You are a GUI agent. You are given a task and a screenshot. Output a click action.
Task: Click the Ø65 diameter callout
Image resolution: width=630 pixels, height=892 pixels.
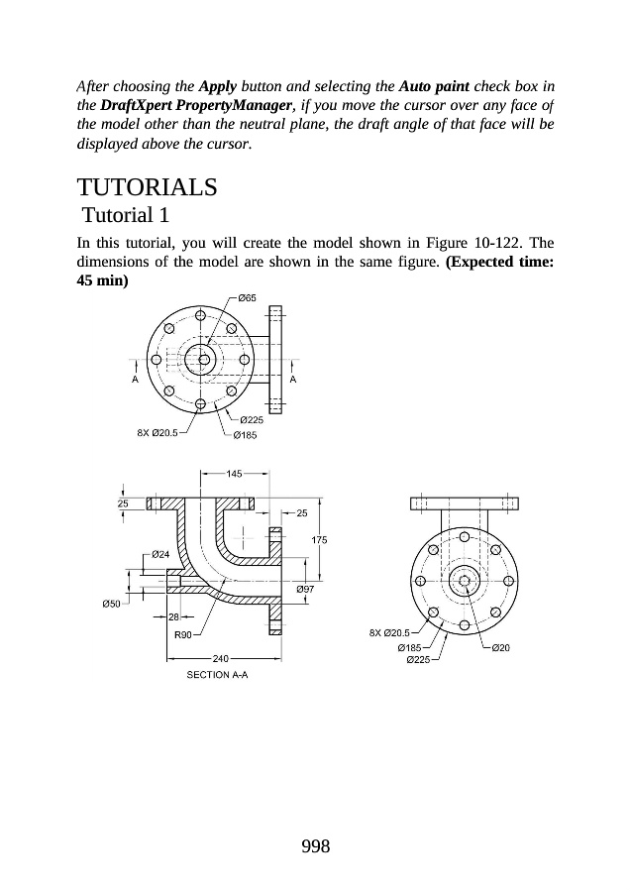coord(248,297)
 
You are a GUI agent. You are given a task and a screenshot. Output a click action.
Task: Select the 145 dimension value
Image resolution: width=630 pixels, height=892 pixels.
coord(235,474)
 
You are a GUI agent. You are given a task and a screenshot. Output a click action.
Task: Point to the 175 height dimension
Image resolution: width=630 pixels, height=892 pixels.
coord(320,539)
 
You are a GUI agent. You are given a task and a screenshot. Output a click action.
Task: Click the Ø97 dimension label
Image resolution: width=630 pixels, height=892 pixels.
coord(306,589)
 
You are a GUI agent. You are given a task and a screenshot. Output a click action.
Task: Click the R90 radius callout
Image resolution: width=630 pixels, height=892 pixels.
coord(183,634)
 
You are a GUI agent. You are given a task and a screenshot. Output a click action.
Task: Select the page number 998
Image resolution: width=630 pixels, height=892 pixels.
coord(314,845)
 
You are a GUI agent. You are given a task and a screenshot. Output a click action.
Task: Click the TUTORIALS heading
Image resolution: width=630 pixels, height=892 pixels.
coord(147,187)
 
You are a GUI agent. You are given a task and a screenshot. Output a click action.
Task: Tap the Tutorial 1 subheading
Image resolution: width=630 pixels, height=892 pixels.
coord(127,215)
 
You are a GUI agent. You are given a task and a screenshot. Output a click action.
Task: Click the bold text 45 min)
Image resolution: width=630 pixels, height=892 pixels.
coord(104,280)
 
